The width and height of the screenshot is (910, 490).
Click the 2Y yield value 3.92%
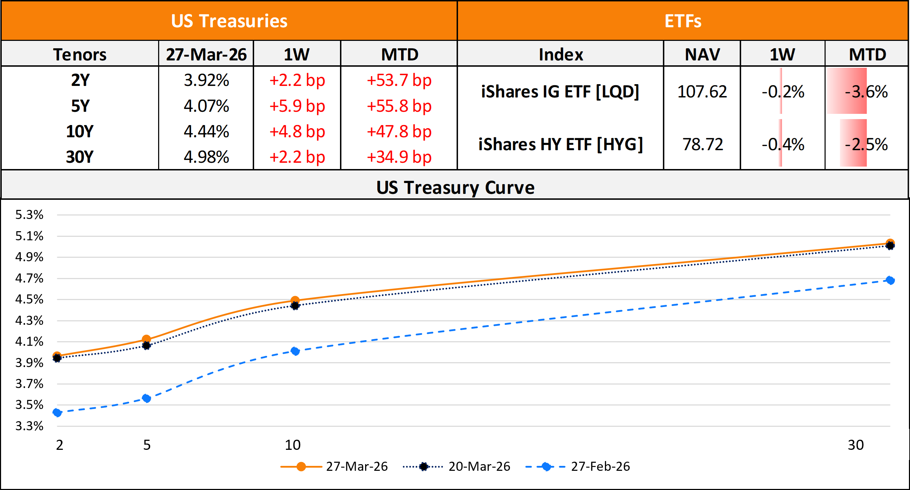pos(206,80)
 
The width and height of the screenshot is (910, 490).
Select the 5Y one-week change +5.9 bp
pos(297,106)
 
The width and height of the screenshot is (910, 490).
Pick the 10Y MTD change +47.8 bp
pos(399,132)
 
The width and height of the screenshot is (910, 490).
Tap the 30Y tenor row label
pos(80,157)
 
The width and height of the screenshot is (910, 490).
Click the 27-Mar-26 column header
pos(206,54)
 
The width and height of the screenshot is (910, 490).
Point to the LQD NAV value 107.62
pos(702,92)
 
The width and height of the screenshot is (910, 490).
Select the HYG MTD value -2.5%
pos(866,144)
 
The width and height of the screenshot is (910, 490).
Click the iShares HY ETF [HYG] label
pos(560,144)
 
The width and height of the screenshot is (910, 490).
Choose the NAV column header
pos(702,54)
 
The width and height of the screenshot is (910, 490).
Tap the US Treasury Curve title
pos(455,188)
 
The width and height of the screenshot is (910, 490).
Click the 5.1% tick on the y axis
pos(29,236)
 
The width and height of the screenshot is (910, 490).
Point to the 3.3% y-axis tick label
pos(29,426)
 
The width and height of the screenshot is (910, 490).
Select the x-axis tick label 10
pos(293,445)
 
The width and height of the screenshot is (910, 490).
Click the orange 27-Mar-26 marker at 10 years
pos(295,300)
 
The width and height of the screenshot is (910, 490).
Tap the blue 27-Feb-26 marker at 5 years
pos(146,398)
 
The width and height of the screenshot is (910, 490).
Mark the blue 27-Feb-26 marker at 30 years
pos(890,280)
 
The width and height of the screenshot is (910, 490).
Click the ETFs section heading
pos(682,21)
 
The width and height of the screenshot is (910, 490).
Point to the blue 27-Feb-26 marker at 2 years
pos(57,412)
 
